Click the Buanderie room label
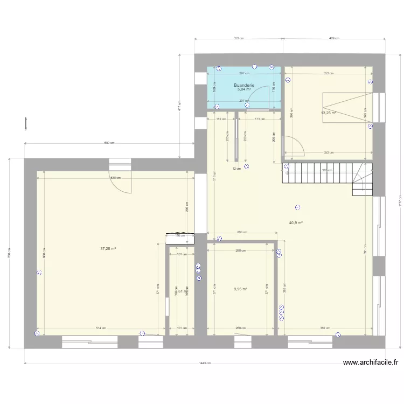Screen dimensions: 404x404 pos(243,85)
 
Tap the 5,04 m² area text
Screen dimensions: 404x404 pos(243,90)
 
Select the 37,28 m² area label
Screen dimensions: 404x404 pos(109,248)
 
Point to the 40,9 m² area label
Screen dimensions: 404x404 pos(296,222)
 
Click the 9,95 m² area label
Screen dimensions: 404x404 pos(240,289)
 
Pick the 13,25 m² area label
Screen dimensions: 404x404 pos(329,113)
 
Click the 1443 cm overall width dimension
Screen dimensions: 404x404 pos(204,363)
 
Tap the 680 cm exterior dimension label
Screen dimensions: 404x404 pos(109,143)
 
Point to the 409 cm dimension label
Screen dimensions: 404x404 pos(334,38)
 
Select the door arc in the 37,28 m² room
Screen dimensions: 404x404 pos(121,183)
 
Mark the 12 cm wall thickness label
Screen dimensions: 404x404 pos(235,169)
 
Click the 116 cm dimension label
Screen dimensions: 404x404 pos(179,235)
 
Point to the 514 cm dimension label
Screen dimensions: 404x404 pos(101,328)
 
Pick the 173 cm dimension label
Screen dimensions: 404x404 pos(260,119)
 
